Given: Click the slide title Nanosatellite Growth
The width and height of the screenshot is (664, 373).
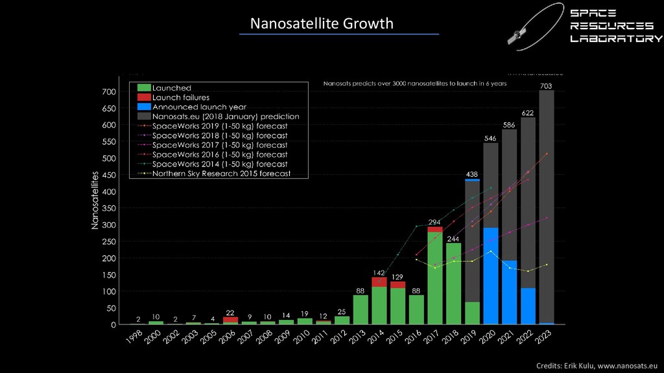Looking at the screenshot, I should point(322,24).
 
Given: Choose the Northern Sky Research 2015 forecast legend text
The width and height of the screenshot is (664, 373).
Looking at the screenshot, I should point(221,174).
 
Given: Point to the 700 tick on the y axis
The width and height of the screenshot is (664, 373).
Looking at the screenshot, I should point(108,92).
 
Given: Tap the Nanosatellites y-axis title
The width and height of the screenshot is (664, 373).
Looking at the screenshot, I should point(95,200).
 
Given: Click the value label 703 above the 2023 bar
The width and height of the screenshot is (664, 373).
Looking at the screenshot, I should point(547,85).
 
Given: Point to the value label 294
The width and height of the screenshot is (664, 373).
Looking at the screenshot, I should point(434,222).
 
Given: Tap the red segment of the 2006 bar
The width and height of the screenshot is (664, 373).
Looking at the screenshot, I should point(230,319).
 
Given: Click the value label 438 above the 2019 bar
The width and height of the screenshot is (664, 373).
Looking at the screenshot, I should point(472,174).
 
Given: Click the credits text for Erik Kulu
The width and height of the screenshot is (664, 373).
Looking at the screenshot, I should point(597,367).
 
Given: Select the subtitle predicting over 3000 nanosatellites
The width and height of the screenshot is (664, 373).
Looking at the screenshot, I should point(415,84).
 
